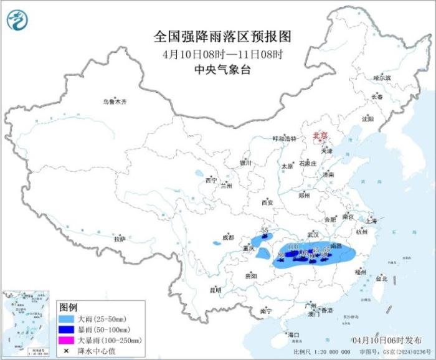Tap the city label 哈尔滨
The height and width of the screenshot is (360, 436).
click(x=381, y=78)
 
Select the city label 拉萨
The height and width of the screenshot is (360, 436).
click(x=120, y=239)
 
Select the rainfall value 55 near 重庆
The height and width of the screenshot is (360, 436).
click(x=265, y=230)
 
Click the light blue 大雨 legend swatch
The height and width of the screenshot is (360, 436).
click(x=65, y=319)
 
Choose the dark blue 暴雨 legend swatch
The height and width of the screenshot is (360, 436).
click(x=65, y=329)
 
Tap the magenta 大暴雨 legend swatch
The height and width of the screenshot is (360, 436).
click(x=65, y=340)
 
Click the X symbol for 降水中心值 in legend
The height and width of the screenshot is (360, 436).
click(x=65, y=351)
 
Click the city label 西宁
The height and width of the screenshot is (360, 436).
click(x=211, y=181)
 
